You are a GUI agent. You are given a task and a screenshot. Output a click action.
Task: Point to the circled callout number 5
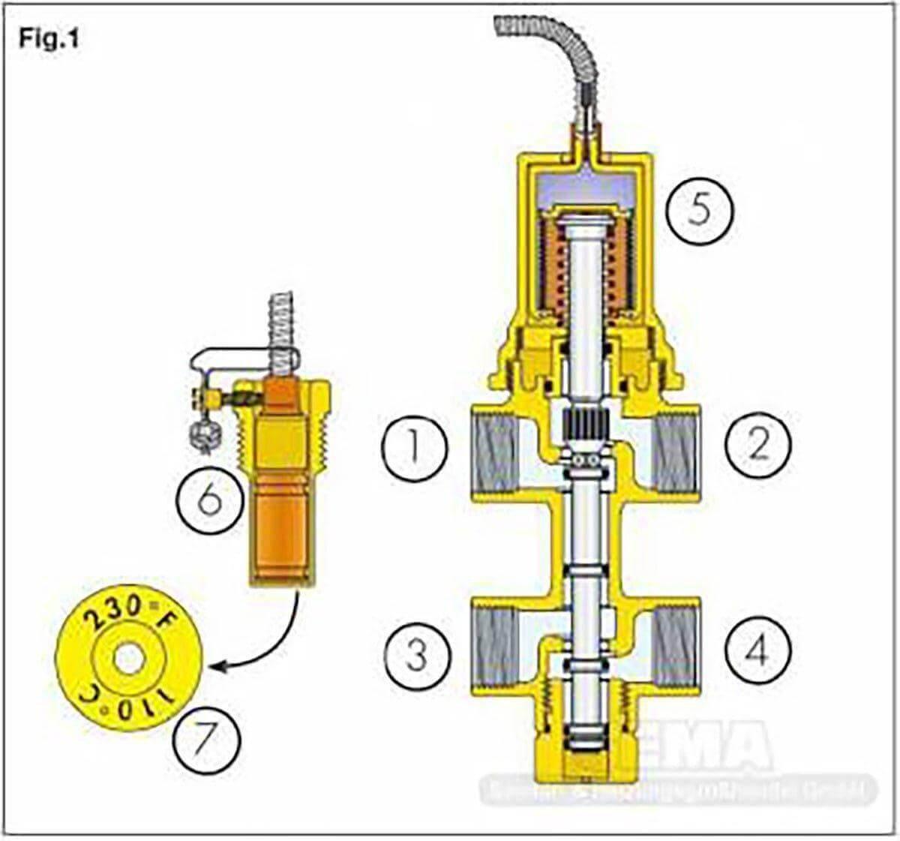(x=698, y=211)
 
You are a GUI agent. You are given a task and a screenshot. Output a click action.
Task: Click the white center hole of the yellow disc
(x=129, y=659)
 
